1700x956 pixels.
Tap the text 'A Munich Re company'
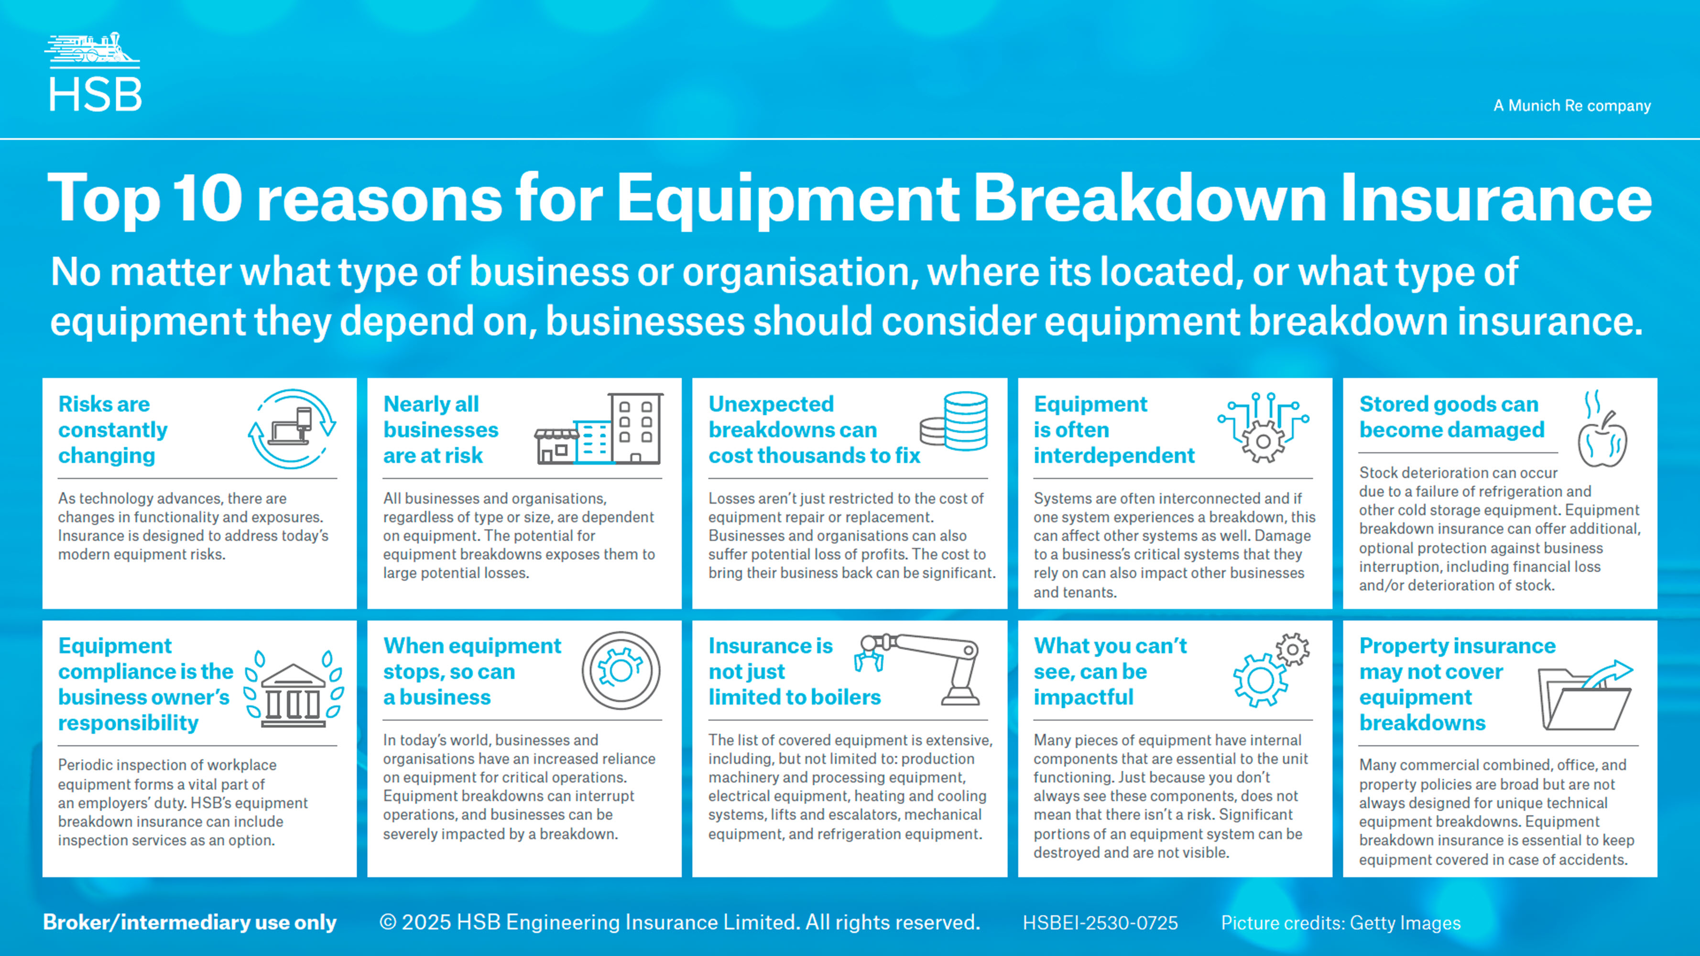1572,106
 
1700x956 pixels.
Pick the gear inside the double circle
621,670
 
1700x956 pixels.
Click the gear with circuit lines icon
1263,427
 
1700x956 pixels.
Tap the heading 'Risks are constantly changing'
113,430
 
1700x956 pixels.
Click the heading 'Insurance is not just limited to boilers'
795,671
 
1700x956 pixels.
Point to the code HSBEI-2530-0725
1100,923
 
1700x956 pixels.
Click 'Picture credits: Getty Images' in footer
1340,923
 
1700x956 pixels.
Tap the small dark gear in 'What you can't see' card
1293,651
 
